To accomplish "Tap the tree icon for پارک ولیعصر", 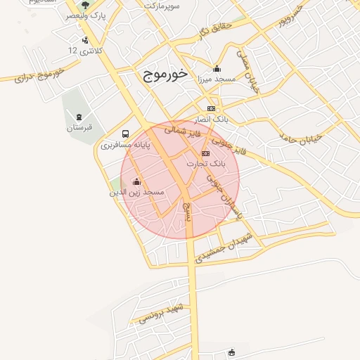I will pos(86,6).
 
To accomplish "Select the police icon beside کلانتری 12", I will pos(85,40).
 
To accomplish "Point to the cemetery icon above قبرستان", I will pos(79,117).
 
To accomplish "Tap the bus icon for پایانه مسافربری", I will pos(125,134).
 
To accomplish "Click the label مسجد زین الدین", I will pos(136,191).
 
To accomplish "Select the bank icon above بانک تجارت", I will pos(205,153).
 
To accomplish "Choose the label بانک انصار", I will pos(213,120).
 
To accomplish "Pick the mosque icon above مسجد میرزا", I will pos(217,69).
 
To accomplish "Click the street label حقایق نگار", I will pos(211,30).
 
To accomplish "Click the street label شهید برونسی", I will pos(162,314).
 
